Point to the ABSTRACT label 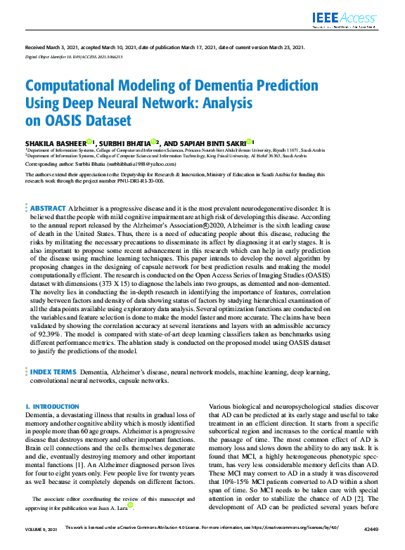48,209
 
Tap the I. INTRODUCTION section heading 52,407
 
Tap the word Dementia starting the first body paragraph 41,416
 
